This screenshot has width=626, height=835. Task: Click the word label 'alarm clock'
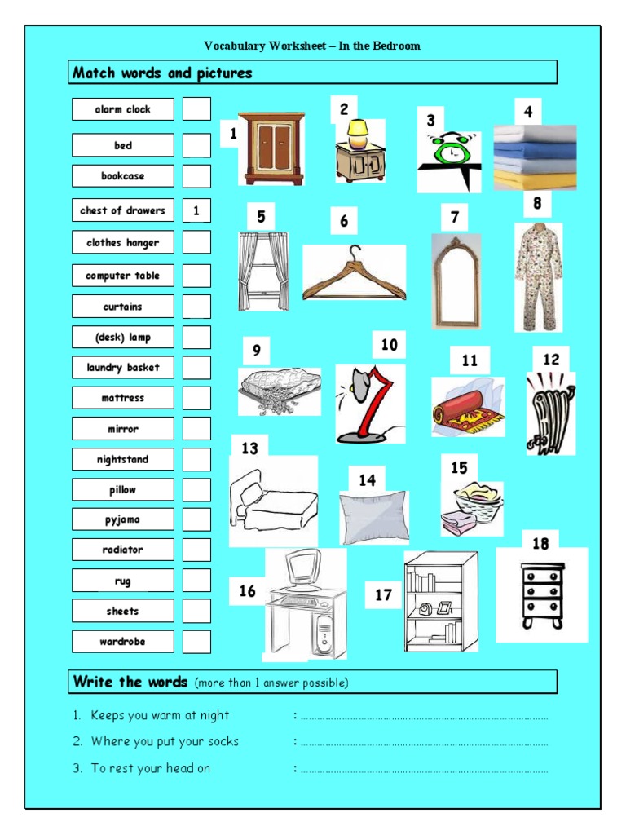(x=123, y=109)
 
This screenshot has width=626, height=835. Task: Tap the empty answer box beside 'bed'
(x=196, y=145)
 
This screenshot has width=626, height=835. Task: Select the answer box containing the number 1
(x=196, y=210)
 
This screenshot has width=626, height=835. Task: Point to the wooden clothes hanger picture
(x=354, y=274)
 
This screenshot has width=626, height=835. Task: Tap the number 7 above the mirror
(x=455, y=217)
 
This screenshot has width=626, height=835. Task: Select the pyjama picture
(x=538, y=276)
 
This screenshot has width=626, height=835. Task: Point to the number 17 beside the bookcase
(x=384, y=595)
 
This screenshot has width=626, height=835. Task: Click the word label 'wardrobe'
(x=123, y=642)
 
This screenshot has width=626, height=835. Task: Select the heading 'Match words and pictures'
(x=163, y=73)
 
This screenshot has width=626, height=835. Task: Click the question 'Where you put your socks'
(x=165, y=742)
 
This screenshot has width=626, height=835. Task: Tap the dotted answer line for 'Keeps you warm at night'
(x=424, y=718)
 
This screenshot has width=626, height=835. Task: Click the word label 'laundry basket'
(x=123, y=368)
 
